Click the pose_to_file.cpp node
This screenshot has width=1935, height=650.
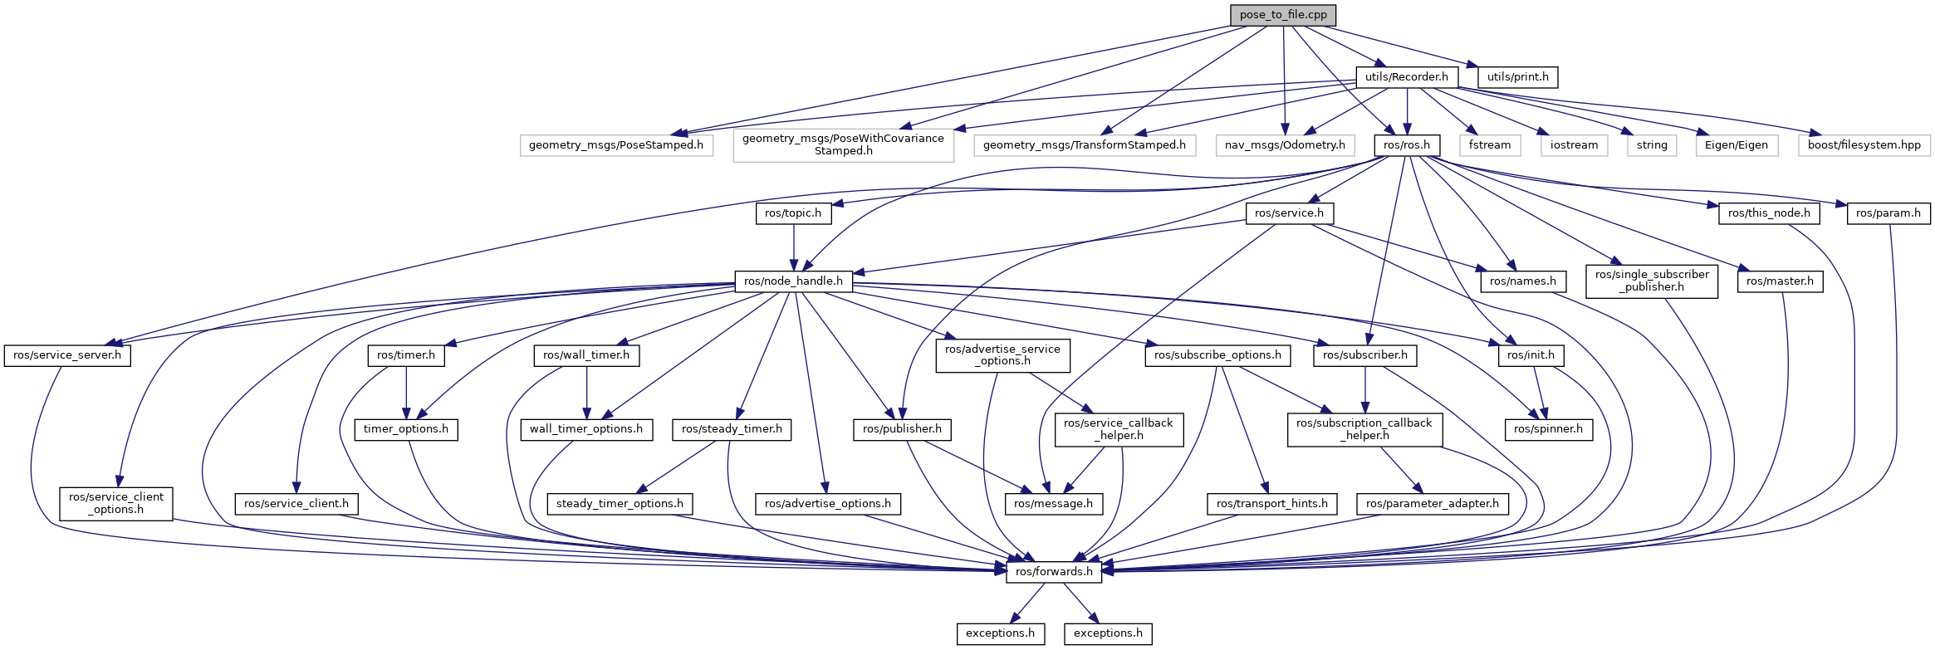tap(1283, 15)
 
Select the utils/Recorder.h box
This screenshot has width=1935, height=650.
tap(1406, 77)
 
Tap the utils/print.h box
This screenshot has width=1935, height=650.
tap(1517, 77)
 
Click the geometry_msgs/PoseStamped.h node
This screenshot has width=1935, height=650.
tap(615, 145)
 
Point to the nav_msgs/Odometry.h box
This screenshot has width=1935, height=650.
tap(1285, 145)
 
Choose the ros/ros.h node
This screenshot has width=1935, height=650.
tap(1406, 145)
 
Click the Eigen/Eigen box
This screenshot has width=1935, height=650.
tap(1736, 145)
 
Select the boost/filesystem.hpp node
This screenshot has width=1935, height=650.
tap(1864, 145)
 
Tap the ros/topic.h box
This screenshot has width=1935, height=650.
tap(792, 213)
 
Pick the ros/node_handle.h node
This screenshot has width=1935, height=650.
tap(793, 281)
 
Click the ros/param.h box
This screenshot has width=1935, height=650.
tap(1888, 213)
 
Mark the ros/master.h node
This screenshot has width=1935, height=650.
tap(1779, 281)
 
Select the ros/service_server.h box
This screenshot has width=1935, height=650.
tap(67, 355)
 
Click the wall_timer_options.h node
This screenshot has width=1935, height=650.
tap(586, 429)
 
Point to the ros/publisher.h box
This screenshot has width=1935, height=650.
tap(902, 429)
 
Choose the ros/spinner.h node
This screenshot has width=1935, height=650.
tap(1548, 429)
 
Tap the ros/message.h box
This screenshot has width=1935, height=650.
tap(1053, 504)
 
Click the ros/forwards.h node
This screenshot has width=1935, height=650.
tap(1053, 572)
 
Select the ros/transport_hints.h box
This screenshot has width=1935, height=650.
tap(1271, 504)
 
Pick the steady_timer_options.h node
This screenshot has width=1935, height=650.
tap(620, 504)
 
